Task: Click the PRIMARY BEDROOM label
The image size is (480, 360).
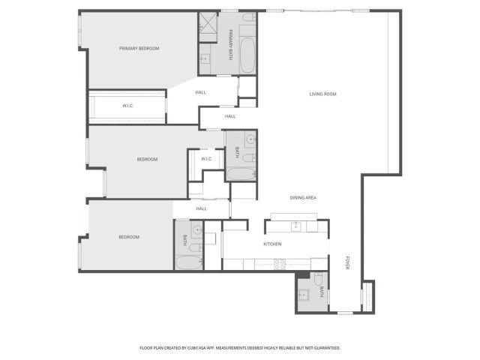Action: [x=139, y=49]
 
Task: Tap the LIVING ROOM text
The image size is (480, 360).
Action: [x=322, y=94]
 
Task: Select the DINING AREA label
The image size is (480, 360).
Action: [x=303, y=197]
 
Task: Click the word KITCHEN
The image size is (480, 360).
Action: [x=271, y=244]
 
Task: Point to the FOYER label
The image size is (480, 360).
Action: [x=347, y=264]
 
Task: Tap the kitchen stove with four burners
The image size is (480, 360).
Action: [x=279, y=263]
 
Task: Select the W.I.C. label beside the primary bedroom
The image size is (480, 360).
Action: [x=127, y=106]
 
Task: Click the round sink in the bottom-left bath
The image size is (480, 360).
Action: [x=196, y=230]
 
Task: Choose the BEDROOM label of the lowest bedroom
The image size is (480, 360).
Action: [x=129, y=237]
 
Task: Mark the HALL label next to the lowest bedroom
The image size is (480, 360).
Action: [x=201, y=208]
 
